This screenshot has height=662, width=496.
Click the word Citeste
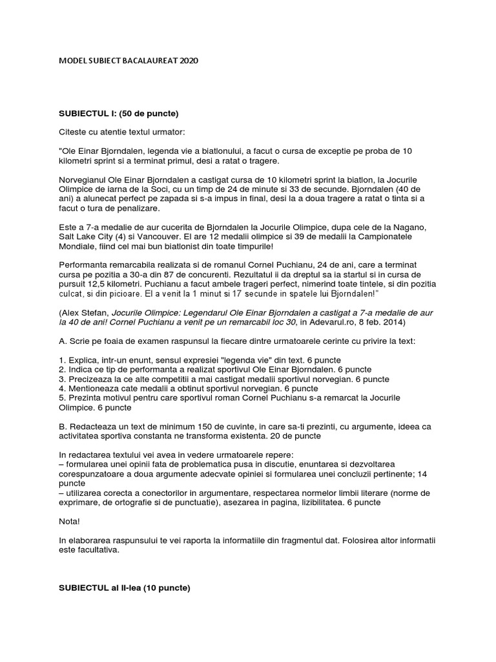pyautogui.click(x=74, y=132)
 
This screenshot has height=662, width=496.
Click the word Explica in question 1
pyautogui.click(x=85, y=359)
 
